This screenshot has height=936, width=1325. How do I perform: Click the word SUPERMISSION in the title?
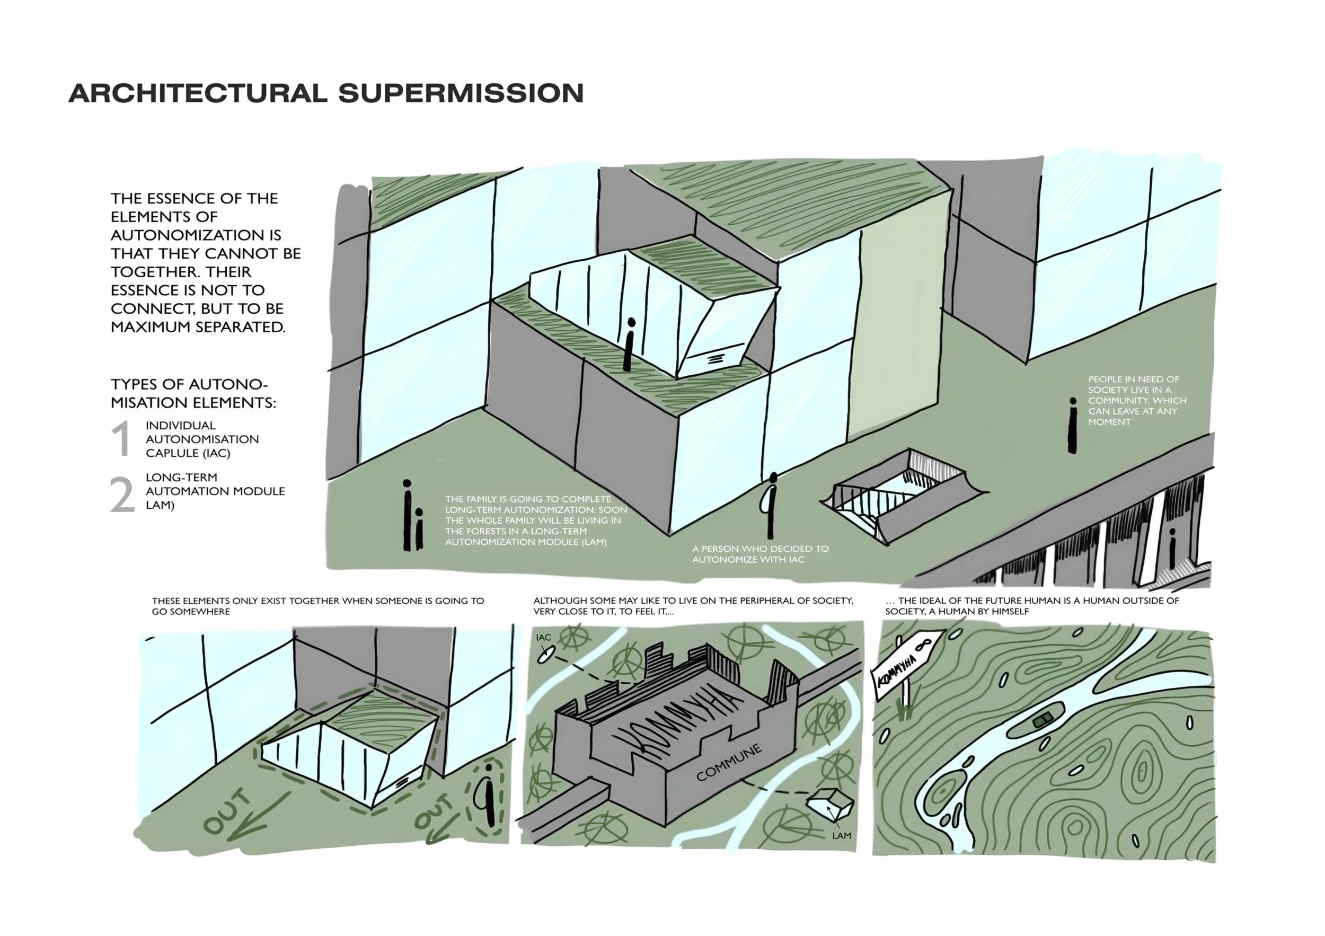pos(461,93)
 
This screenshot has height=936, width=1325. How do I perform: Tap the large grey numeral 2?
pos(122,495)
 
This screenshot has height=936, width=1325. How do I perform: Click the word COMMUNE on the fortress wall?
pos(728,762)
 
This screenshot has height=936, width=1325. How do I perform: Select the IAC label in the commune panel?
pos(544,638)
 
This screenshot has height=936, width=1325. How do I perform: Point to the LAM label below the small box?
pos(842,836)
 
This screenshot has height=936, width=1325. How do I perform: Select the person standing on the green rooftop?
pos(630,345)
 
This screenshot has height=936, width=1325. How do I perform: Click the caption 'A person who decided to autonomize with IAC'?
pos(760,554)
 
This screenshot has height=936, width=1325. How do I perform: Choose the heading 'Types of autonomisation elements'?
pos(193,394)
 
